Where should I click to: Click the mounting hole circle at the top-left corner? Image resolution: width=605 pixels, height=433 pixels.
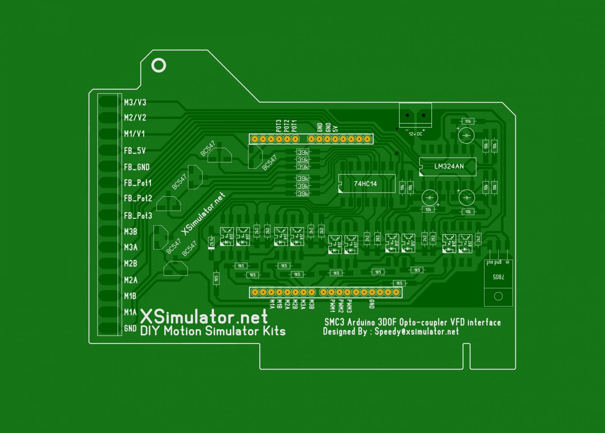(x=158, y=65)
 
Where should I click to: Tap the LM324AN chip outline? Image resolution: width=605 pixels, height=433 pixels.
(x=448, y=166)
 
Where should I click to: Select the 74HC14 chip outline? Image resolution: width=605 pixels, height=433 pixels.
(x=366, y=184)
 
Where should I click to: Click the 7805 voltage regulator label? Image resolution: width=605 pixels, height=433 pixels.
(x=498, y=277)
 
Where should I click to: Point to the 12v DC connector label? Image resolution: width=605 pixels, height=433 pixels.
(x=415, y=134)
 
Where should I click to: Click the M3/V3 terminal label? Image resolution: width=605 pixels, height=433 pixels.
(x=135, y=102)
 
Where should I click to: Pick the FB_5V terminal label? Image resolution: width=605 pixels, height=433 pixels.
(x=135, y=151)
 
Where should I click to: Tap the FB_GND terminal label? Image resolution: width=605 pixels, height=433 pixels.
(x=137, y=167)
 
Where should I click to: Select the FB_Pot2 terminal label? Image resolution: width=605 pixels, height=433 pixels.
(x=138, y=199)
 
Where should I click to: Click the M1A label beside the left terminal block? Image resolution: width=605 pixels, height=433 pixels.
(x=130, y=312)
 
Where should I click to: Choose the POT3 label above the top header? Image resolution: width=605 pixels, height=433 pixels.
(x=279, y=126)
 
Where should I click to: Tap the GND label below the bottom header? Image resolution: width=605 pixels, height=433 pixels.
(x=372, y=304)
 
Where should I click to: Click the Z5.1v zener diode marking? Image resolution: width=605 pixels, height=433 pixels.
(x=212, y=242)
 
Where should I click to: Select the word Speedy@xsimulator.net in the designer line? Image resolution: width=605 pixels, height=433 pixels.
(x=417, y=332)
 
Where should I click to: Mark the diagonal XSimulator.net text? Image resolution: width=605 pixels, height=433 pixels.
(x=203, y=214)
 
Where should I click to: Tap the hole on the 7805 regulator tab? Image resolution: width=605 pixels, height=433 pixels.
(x=498, y=296)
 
